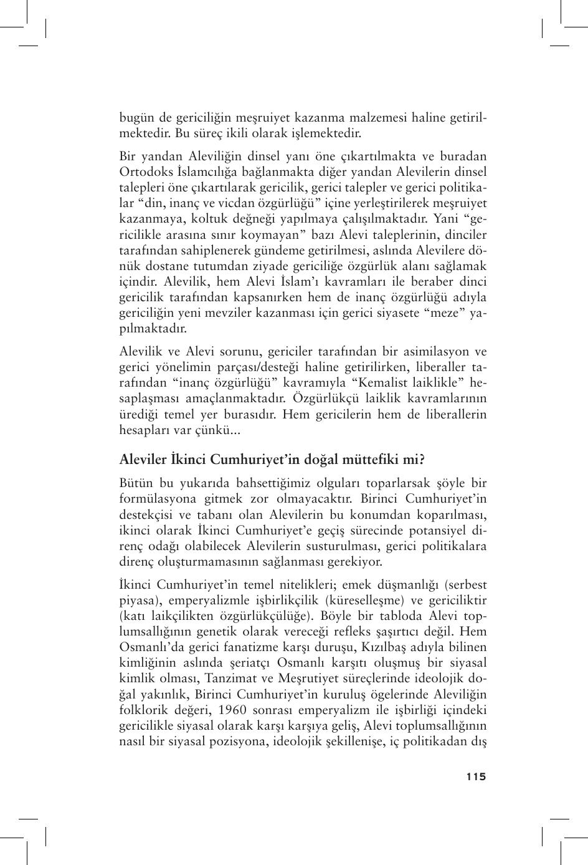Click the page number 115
point(475,776)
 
